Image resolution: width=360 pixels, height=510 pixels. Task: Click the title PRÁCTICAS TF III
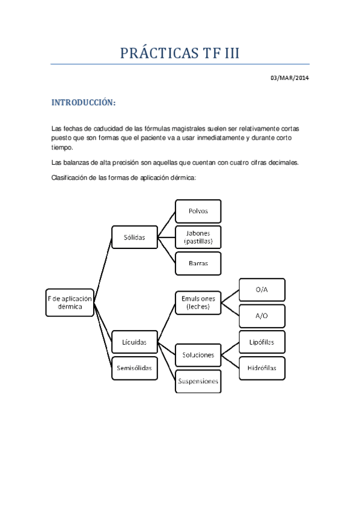tap(180, 53)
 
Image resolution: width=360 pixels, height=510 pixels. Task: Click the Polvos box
tap(198, 211)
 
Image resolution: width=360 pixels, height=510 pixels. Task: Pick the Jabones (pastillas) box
tap(198, 238)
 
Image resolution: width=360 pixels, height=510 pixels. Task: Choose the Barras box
tap(198, 263)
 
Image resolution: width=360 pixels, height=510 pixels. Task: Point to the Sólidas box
tap(134, 237)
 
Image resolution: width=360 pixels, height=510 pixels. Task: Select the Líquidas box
tap(134, 342)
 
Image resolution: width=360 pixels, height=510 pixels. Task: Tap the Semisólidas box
tap(134, 367)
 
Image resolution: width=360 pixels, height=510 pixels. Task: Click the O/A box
tap(261, 290)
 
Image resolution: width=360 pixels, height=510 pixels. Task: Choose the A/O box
tap(261, 315)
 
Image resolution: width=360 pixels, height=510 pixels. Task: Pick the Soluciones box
tap(198, 354)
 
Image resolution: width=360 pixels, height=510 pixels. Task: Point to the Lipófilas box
tap(261, 342)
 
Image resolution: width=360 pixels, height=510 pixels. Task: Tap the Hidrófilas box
tap(261, 367)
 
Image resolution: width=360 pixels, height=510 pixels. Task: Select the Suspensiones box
tap(198, 381)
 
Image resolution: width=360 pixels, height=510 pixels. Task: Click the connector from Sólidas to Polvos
tap(165, 224)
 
